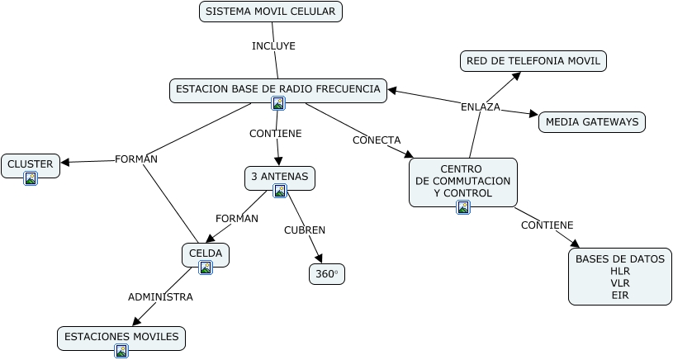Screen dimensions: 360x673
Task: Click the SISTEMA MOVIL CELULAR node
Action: (x=271, y=12)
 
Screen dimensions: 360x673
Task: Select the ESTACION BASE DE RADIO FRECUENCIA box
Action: (x=278, y=88)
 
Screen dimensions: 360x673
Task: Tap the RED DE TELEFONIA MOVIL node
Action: (x=533, y=61)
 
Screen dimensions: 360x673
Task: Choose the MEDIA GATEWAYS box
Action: (x=592, y=122)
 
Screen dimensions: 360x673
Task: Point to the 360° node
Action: (x=327, y=274)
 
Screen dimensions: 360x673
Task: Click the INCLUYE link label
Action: (x=273, y=46)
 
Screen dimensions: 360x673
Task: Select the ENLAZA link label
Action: (x=481, y=107)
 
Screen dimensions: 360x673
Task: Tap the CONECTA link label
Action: (x=377, y=140)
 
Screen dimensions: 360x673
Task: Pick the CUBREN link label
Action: (x=305, y=230)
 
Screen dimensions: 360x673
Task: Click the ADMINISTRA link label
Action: (x=160, y=296)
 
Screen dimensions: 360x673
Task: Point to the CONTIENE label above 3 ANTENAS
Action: (x=276, y=133)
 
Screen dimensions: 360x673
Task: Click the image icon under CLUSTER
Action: (x=31, y=178)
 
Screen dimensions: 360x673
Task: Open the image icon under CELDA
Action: (x=206, y=268)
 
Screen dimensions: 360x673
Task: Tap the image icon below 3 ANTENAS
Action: (x=280, y=191)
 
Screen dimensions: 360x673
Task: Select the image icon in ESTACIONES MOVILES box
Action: (x=121, y=351)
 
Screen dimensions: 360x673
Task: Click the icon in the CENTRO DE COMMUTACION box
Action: (x=463, y=207)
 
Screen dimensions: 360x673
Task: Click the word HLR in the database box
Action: (x=620, y=271)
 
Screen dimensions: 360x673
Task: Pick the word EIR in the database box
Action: (x=620, y=295)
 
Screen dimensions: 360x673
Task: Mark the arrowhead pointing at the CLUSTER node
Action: (x=65, y=162)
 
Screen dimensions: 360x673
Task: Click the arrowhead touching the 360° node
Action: (x=320, y=259)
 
